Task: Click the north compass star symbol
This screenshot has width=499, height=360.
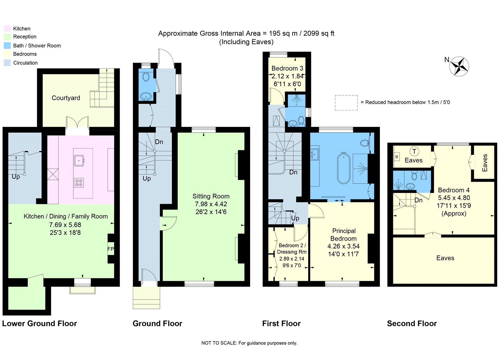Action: pos(459,66)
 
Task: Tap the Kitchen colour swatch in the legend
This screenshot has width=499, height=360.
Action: pos(7,28)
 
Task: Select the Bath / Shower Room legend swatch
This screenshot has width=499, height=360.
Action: pos(7,46)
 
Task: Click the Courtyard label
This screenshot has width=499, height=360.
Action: pos(66,98)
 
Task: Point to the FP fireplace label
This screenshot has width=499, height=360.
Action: pos(111,249)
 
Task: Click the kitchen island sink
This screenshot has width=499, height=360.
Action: pos(79,161)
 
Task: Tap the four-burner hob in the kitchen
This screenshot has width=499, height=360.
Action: pos(79,183)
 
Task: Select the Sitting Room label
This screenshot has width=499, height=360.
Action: pos(211,196)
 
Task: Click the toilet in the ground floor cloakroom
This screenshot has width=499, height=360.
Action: pos(146,77)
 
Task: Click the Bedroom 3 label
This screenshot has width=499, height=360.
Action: pos(287,68)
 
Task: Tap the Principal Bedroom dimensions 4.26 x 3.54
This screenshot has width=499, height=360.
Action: pos(343,246)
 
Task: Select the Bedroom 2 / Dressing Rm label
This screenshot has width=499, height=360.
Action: pos(292,249)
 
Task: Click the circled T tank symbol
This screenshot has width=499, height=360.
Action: pos(414,151)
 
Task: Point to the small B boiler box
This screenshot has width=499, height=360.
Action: pos(397,157)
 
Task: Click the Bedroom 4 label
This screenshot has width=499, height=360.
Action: pos(454,190)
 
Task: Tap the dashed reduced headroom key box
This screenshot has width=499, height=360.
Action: pos(346,103)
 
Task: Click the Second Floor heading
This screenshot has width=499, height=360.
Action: pos(412,324)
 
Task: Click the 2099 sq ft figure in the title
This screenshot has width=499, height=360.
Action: pos(319,33)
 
